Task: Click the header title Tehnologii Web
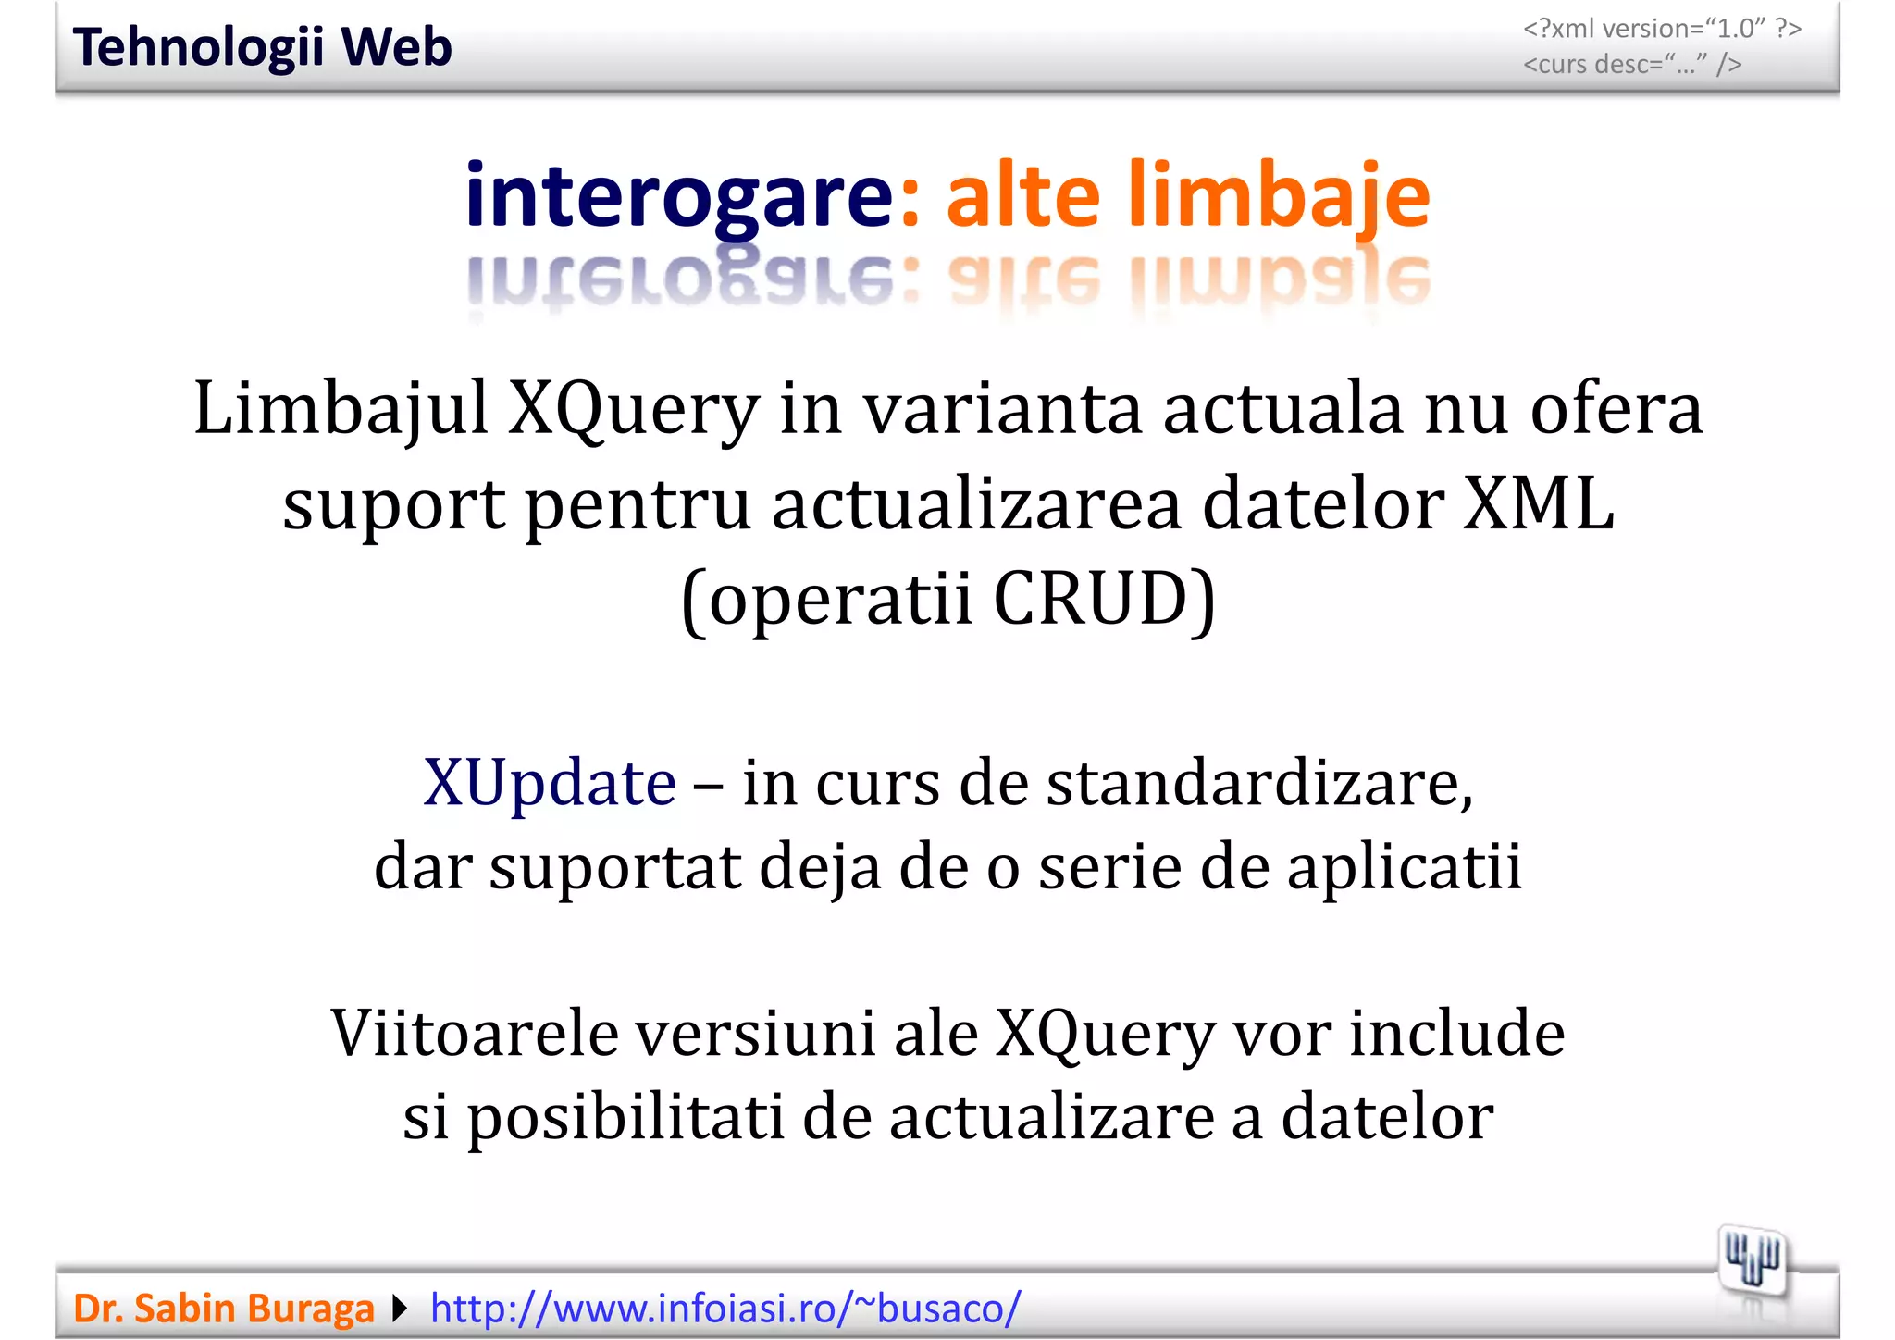click(262, 47)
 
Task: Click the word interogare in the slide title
click(678, 196)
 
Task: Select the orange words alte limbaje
click(1188, 196)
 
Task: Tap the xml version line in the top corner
click(1662, 29)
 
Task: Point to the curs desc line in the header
click(1632, 65)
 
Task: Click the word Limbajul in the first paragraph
click(341, 409)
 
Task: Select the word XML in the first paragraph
click(1539, 504)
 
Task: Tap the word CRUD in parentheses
click(1091, 600)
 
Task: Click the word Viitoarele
click(475, 1033)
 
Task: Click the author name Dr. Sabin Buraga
click(224, 1309)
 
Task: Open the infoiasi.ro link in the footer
click(725, 1309)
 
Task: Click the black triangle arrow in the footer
click(400, 1309)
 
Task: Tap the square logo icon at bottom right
click(1751, 1260)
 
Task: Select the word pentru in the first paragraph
click(638, 504)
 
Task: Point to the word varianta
click(1002, 409)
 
